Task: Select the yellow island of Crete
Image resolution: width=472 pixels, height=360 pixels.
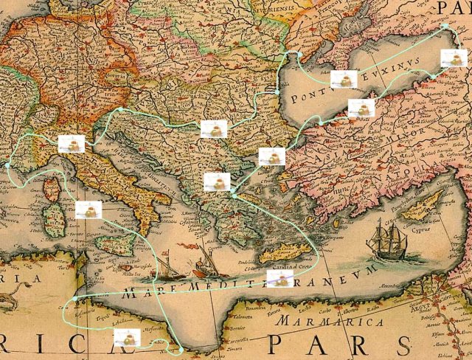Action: (284, 254)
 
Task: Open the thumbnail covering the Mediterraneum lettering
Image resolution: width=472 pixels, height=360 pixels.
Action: (280, 279)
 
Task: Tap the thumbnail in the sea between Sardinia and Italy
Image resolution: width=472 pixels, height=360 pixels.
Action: (88, 210)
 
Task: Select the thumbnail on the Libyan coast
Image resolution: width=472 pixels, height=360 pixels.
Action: (127, 339)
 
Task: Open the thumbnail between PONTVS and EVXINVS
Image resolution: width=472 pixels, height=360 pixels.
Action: (344, 79)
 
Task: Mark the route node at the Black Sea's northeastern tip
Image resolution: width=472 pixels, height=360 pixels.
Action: (445, 27)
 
